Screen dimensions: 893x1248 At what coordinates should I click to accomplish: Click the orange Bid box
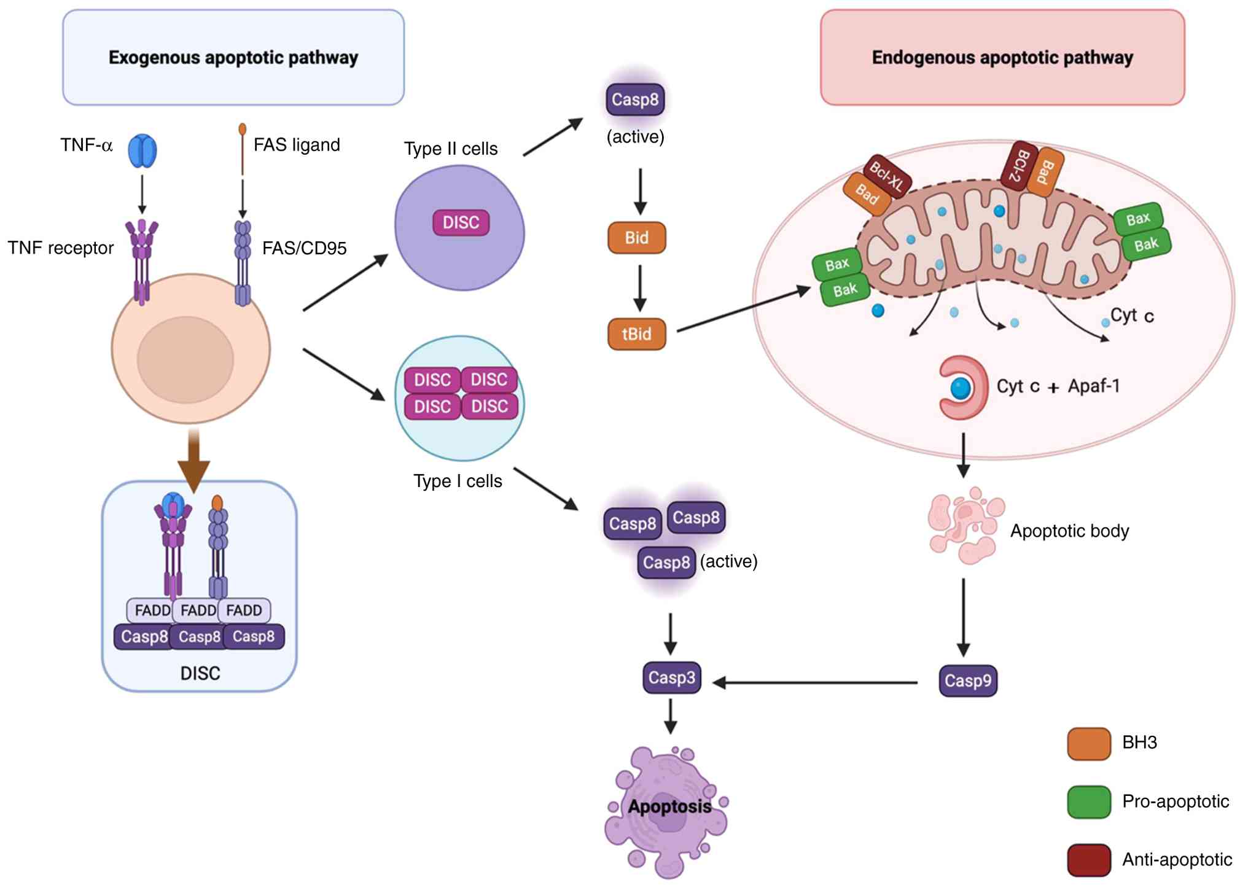click(636, 238)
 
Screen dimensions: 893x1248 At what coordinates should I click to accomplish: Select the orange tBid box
click(636, 334)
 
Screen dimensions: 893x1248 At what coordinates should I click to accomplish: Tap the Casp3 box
click(671, 677)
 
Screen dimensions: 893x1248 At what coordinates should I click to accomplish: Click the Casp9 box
click(967, 680)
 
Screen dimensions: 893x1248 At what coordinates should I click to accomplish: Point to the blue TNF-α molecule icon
click(142, 150)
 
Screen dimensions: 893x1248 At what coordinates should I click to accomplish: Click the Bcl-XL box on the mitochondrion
click(887, 176)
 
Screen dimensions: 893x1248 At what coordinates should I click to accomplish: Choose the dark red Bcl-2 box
click(1019, 166)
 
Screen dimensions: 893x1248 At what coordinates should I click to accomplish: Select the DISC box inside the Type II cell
click(461, 222)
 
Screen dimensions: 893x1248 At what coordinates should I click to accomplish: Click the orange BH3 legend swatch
click(1088, 744)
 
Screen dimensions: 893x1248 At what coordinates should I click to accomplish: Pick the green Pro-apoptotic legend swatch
click(1088, 802)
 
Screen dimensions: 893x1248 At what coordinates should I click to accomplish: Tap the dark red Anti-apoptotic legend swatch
click(1088, 860)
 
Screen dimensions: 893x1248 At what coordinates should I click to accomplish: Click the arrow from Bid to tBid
click(639, 288)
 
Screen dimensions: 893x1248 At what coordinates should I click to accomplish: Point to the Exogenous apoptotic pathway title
click(233, 58)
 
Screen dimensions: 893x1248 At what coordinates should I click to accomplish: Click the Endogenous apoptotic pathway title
click(1002, 58)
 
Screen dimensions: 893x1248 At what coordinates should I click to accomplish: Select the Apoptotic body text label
click(1069, 531)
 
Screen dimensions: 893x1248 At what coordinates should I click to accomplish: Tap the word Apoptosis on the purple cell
click(669, 806)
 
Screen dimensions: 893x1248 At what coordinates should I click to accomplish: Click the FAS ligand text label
click(297, 145)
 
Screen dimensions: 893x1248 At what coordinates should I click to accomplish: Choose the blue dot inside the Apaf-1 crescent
click(961, 388)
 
